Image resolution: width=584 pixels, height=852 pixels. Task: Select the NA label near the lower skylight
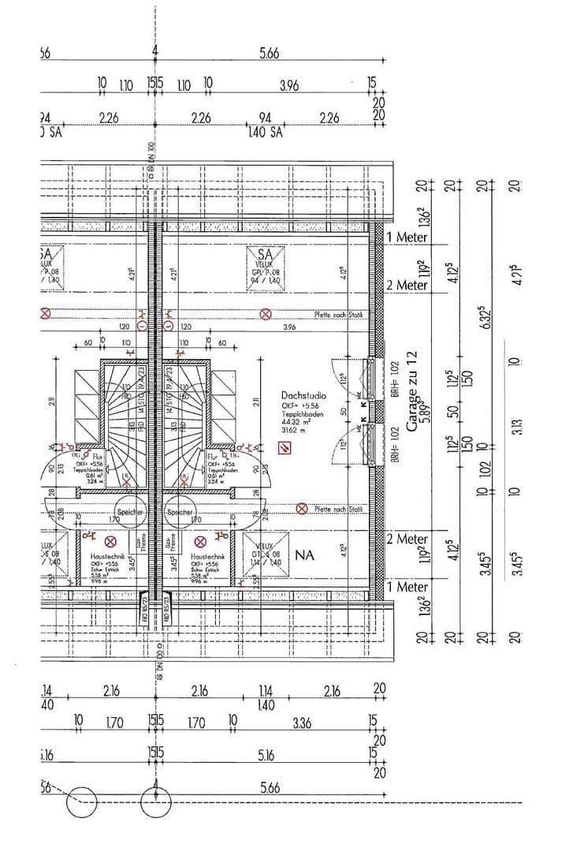(304, 555)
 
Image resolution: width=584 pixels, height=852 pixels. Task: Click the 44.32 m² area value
(297, 422)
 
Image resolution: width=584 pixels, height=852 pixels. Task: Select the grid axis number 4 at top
(156, 52)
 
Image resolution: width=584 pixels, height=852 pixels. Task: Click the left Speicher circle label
(132, 512)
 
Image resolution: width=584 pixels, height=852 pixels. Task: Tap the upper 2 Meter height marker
(407, 285)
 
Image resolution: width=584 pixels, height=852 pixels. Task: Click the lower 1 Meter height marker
(407, 587)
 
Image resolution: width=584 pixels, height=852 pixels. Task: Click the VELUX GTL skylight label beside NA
(263, 555)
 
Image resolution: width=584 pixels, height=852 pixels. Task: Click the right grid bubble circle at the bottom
(156, 804)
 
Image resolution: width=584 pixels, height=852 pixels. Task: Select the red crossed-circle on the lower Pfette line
(301, 509)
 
